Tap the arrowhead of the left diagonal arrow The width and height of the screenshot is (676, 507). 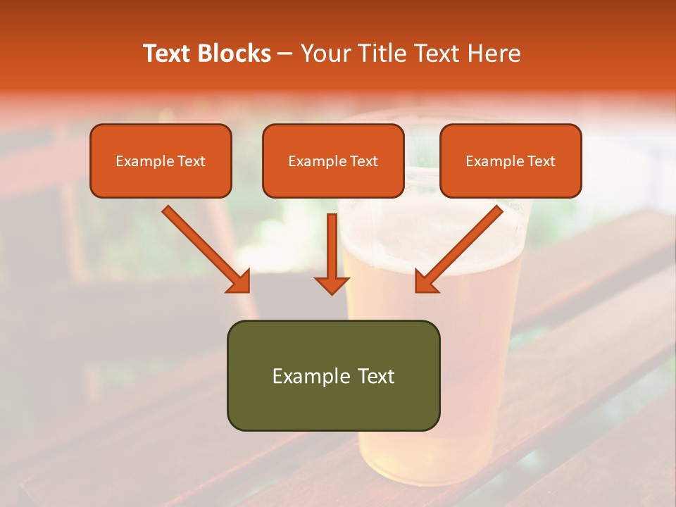(239, 282)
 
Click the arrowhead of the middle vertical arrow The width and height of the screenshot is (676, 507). (332, 284)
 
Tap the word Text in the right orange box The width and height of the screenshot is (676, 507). (541, 161)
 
